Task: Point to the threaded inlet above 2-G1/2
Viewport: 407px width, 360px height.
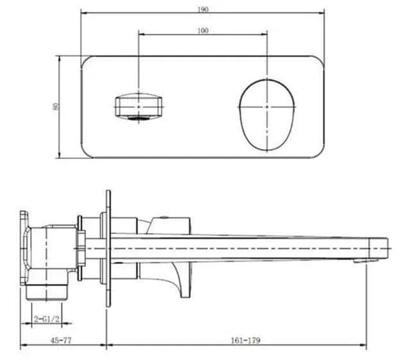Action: coord(46,290)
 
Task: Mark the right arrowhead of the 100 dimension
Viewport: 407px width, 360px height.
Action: coord(269,34)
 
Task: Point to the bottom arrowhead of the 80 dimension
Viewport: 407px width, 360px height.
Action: coord(62,157)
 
